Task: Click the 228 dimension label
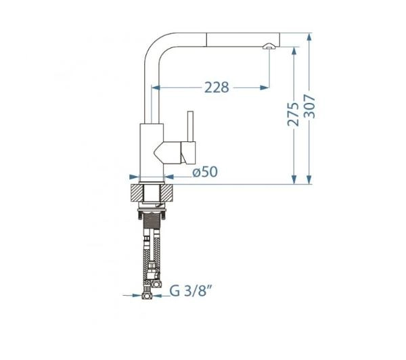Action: tap(217, 87)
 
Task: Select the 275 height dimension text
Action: tap(293, 114)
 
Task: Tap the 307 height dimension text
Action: tap(309, 106)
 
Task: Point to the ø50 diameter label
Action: tap(205, 172)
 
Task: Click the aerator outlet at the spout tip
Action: tap(269, 47)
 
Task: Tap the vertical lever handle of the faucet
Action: tap(190, 127)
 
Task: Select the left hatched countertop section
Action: tap(137, 193)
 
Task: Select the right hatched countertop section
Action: tap(166, 193)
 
